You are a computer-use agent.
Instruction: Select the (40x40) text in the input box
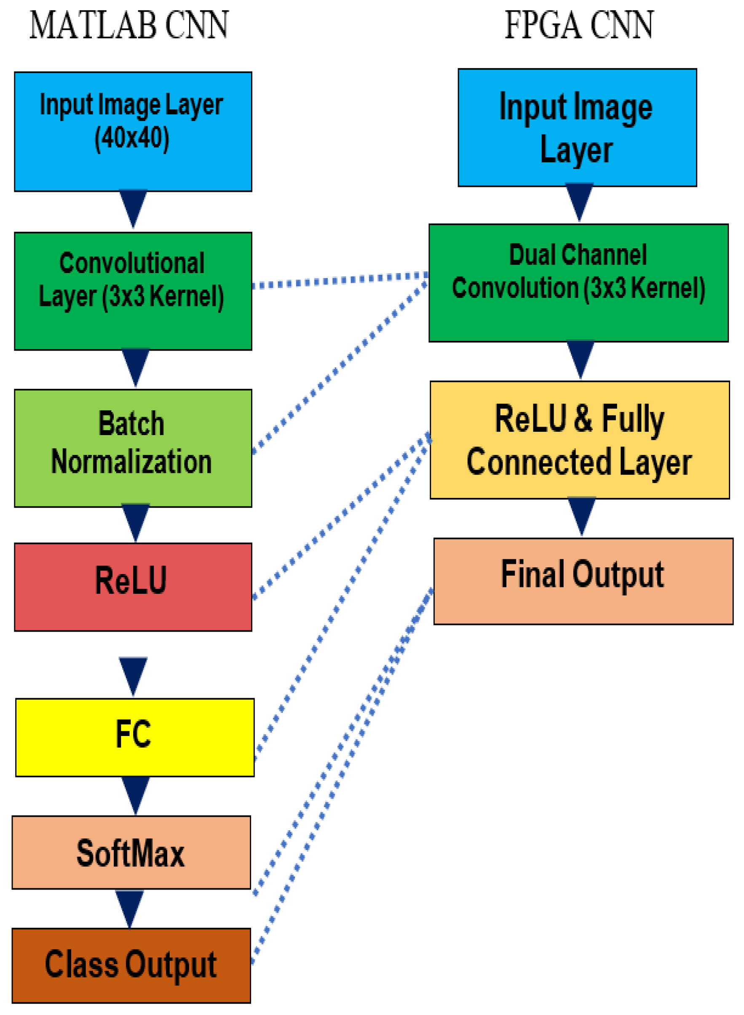coord(132,138)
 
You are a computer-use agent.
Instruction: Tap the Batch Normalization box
coord(133,448)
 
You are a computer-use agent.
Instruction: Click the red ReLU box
coord(133,587)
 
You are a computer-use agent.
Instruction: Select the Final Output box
coord(583,581)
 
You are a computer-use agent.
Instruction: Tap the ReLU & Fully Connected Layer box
coord(580,440)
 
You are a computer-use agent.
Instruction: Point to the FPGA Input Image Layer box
coord(577,128)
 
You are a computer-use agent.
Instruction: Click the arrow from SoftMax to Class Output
coord(130,908)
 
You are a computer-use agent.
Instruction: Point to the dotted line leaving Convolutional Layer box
coord(338,280)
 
